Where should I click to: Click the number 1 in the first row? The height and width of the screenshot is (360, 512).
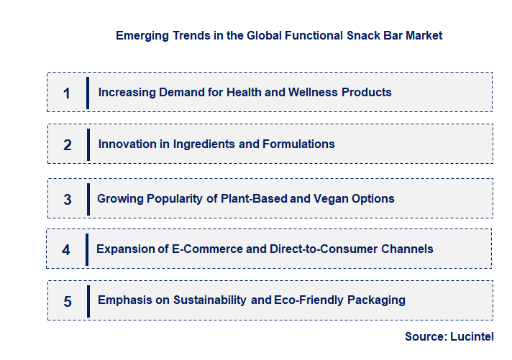coord(67,93)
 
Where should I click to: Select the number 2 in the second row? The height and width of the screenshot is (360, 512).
coord(68,145)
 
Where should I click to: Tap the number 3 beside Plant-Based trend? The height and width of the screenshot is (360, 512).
coord(68,200)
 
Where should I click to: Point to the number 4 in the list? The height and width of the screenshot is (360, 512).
coord(66,250)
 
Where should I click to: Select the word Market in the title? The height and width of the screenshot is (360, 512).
coord(424,34)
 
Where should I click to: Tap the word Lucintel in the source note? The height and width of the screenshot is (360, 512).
coord(472,336)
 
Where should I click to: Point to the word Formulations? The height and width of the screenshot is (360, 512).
coord(298,144)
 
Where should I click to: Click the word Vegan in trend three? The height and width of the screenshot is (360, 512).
coord(308,198)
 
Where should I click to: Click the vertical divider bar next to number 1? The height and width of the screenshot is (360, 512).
coord(88,93)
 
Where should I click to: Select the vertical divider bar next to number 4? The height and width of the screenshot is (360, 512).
coord(87,249)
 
